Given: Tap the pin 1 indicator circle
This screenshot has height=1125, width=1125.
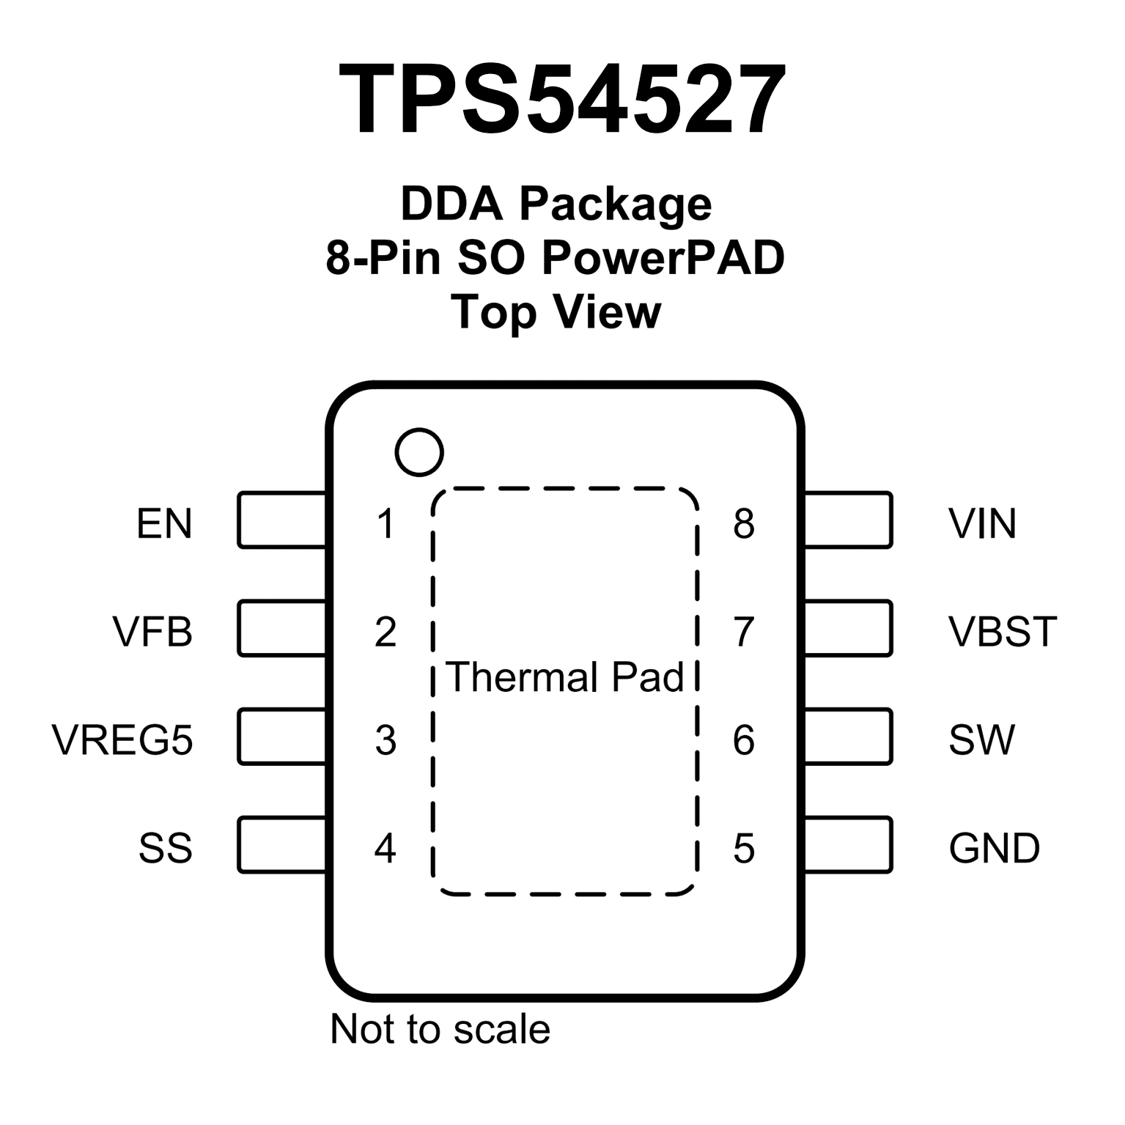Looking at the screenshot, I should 419,451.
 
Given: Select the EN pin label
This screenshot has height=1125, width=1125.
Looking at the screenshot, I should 164,523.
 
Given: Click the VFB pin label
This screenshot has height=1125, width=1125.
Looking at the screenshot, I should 152,631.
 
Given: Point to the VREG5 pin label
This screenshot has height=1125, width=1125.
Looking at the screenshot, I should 122,739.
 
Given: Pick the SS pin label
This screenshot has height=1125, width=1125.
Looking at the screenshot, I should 166,848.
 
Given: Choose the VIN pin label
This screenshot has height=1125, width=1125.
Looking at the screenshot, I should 982,523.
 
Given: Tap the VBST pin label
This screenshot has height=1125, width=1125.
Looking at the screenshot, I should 1003,631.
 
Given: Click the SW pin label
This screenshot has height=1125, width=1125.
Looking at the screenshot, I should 981,739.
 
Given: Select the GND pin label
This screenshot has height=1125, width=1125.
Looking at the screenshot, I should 994,848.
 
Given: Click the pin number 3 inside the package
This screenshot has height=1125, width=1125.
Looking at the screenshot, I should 386,739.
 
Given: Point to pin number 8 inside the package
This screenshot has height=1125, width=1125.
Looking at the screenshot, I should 743,523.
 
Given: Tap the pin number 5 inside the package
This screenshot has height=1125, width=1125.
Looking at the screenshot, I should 743,848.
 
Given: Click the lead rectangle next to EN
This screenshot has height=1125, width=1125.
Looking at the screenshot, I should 282,520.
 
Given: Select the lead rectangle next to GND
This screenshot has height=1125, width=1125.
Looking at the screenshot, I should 848,844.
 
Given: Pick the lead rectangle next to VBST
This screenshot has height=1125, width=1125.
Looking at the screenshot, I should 848,628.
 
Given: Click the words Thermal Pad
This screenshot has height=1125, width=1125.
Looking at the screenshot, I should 564,676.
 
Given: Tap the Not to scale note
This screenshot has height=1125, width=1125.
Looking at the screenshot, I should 440,1028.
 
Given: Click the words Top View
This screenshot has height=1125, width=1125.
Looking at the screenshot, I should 556,311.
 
